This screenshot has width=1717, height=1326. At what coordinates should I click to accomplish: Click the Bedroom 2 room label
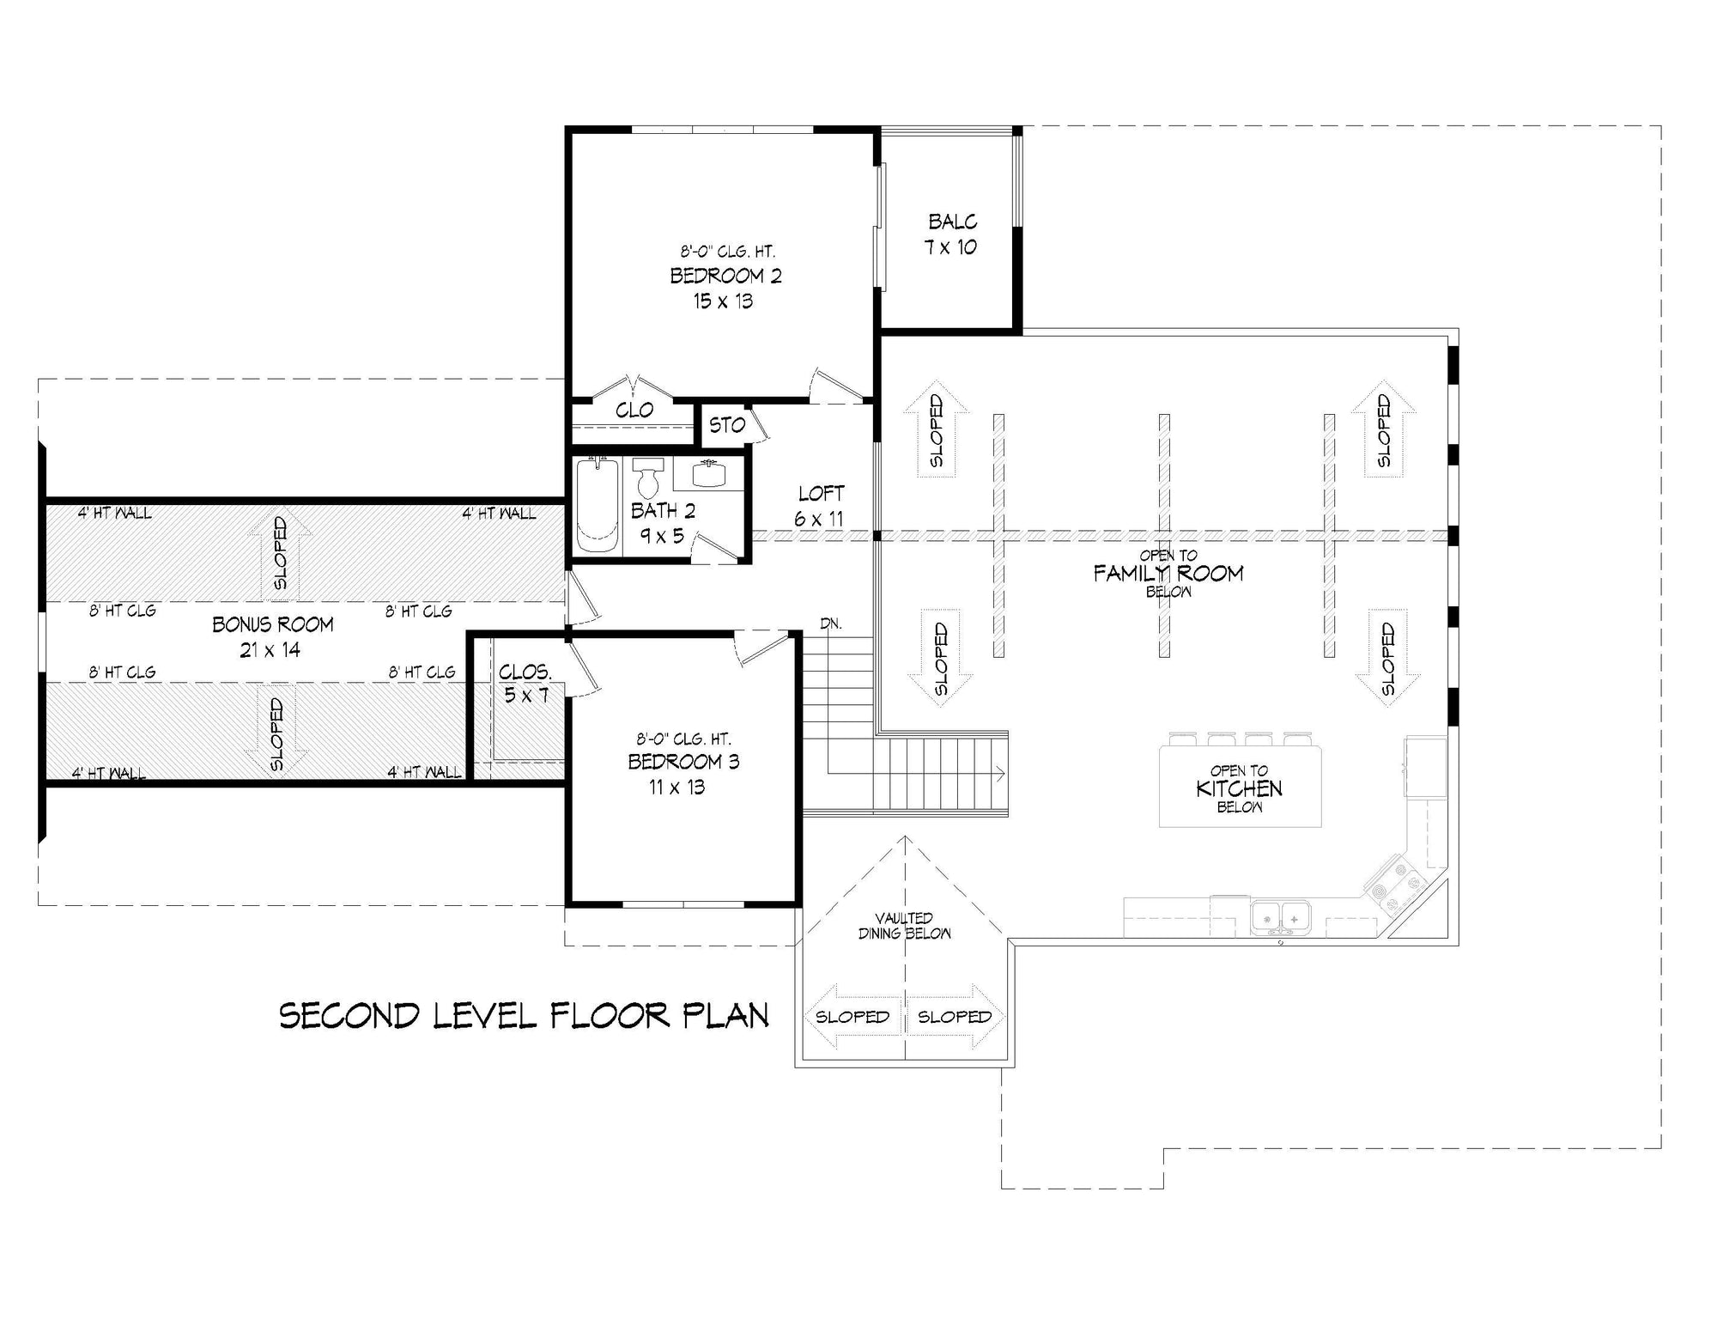coord(725,276)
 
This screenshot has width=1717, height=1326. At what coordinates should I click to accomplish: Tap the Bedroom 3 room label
coord(683,762)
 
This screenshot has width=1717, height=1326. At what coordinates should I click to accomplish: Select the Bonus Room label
coord(273,624)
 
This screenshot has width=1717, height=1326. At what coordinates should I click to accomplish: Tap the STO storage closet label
coord(727,425)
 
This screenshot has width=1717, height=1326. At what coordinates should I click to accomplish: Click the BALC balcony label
coord(952,222)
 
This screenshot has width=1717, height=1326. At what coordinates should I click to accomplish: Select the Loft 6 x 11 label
coord(821,506)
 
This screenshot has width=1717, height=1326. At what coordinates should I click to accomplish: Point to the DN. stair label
coord(830,623)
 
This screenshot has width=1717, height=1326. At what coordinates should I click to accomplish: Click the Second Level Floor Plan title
coord(524,1016)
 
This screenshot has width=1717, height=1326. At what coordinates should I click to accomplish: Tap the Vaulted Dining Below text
coord(905,926)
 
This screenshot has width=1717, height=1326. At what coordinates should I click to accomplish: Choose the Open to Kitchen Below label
coord(1240,788)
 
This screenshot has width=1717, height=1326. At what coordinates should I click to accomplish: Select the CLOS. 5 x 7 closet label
coord(525,683)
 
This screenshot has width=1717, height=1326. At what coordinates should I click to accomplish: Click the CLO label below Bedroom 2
coord(634,411)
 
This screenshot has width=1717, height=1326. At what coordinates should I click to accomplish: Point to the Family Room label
coord(1168,573)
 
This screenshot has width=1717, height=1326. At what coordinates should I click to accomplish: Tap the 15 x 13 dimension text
coord(724,301)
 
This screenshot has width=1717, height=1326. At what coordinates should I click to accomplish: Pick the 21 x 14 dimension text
coord(270,650)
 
